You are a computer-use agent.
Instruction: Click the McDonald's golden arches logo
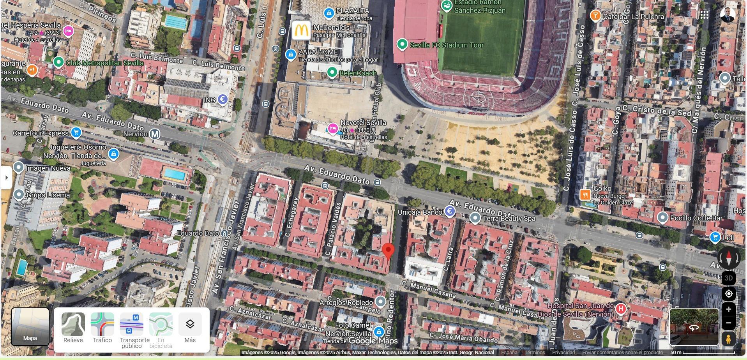coord(301,30)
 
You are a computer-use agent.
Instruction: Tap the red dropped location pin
coord(388,251)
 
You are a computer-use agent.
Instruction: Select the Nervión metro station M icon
coord(155,134)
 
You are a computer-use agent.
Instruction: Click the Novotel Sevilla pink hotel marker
coord(332,129)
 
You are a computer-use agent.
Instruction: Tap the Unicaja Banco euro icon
coord(450,212)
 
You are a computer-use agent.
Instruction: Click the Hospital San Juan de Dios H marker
coord(620,309)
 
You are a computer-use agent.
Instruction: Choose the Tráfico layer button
coord(102,325)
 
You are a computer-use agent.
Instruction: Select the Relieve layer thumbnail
coord(73,325)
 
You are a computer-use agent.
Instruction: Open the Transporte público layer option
coord(131,325)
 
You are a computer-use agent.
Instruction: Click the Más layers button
coord(190,325)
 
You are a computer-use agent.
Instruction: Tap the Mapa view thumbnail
coord(30,326)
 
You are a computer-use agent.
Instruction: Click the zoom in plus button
coord(728,309)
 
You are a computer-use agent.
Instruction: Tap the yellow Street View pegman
coord(728,339)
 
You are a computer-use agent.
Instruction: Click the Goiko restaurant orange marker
coord(585,195)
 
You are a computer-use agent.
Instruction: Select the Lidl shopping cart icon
coord(715,237)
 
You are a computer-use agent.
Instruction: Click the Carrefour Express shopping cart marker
coord(76,133)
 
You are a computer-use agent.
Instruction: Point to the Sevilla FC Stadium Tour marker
coord(402,44)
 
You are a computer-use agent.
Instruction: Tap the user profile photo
coord(727,15)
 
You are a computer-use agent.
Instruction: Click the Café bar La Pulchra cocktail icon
coord(595,16)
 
